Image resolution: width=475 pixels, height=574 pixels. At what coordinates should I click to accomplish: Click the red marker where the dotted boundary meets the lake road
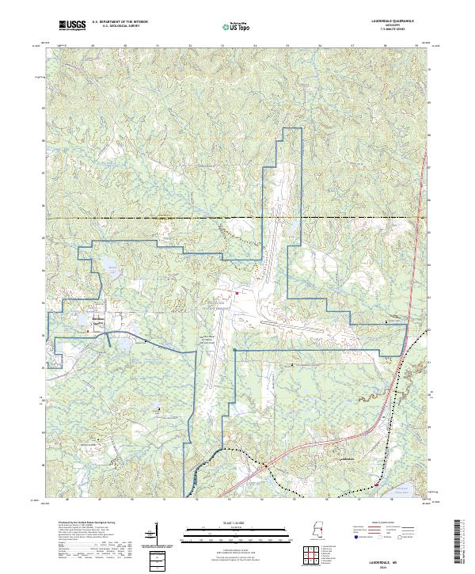coord(378,487)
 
